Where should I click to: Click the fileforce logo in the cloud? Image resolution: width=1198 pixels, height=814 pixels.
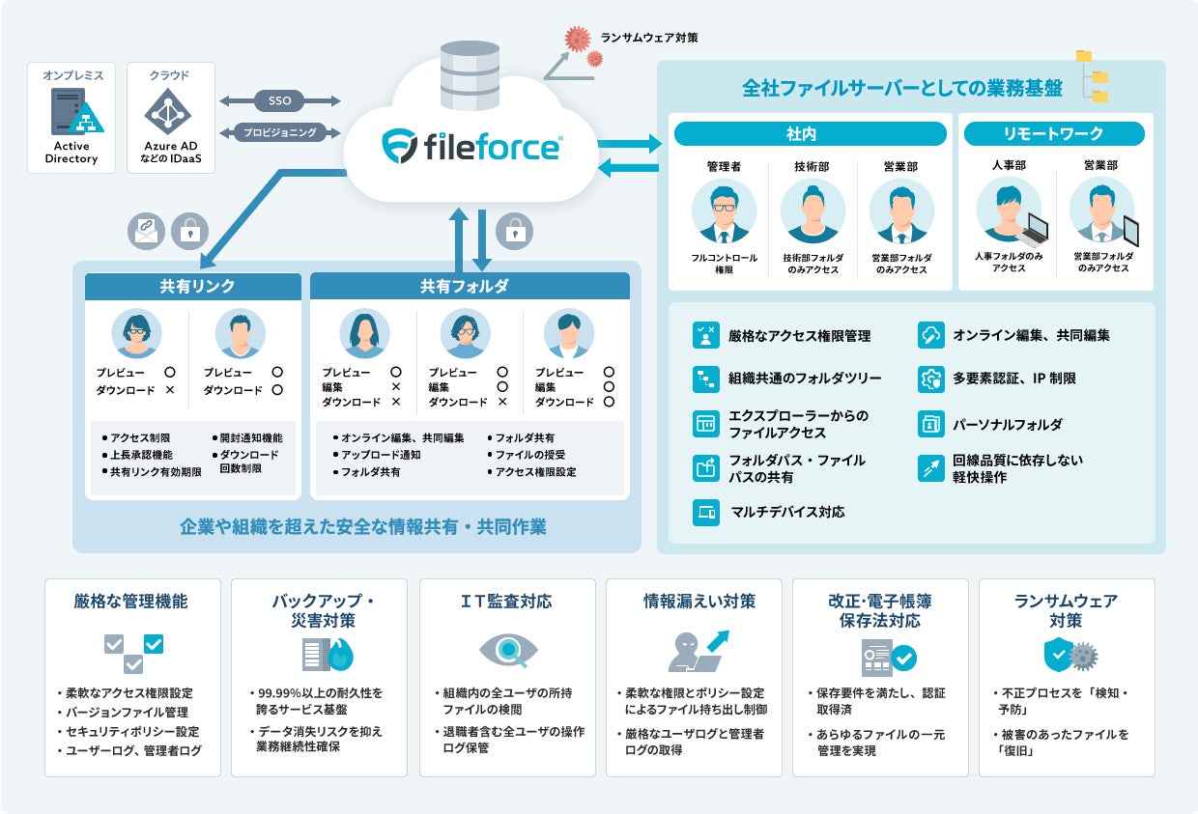click(471, 148)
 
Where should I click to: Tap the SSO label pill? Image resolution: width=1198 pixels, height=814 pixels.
click(280, 100)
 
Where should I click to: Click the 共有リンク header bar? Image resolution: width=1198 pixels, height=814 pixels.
click(196, 286)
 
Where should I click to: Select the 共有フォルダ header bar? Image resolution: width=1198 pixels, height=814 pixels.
click(470, 286)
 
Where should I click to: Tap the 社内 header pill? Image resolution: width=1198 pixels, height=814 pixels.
click(810, 134)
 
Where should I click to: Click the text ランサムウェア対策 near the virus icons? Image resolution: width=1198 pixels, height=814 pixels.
click(648, 38)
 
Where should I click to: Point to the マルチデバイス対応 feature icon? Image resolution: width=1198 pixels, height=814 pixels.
click(705, 512)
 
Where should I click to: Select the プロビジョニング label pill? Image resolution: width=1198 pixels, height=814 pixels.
click(280, 132)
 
